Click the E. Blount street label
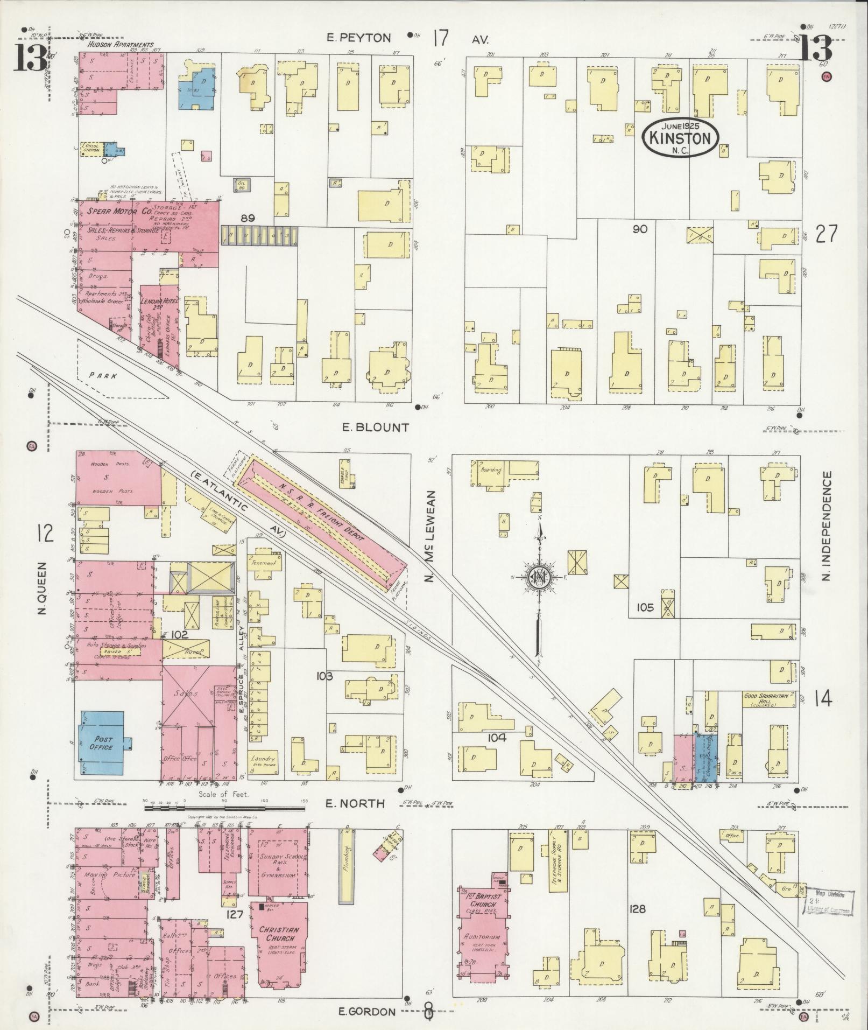(376, 428)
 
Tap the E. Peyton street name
(359, 38)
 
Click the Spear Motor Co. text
(111, 212)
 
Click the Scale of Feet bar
(223, 807)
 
